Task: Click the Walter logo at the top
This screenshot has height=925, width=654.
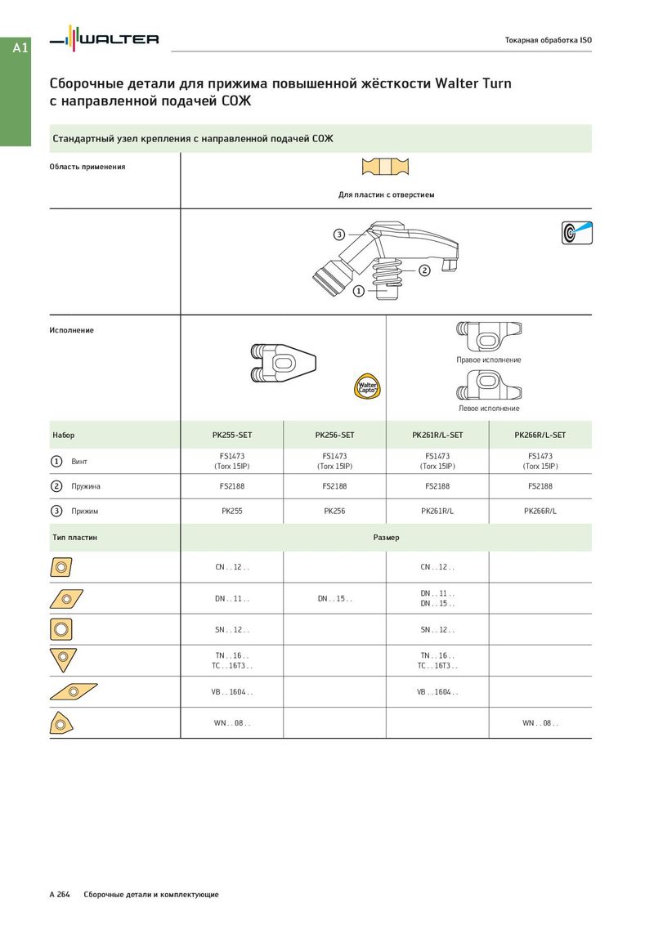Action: click(x=104, y=38)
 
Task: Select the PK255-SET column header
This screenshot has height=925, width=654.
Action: click(x=231, y=435)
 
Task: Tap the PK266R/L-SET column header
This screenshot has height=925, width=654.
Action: click(x=540, y=435)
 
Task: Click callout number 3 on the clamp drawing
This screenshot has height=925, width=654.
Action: click(x=339, y=235)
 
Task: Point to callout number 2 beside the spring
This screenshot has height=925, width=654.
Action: click(x=424, y=270)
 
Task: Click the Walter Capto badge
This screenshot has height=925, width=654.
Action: click(x=367, y=385)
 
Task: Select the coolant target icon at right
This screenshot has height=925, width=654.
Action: click(x=577, y=232)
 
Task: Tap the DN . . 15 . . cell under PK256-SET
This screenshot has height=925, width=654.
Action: click(x=334, y=599)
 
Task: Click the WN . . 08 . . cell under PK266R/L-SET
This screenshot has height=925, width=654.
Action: click(x=540, y=723)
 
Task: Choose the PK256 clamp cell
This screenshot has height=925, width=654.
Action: click(x=334, y=512)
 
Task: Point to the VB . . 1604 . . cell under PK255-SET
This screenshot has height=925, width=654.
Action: click(x=231, y=692)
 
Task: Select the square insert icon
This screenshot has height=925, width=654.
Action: click(x=61, y=629)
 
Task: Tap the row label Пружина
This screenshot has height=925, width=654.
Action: click(x=86, y=486)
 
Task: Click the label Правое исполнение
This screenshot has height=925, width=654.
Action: click(x=488, y=360)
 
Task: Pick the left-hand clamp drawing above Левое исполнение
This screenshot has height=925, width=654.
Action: click(x=488, y=384)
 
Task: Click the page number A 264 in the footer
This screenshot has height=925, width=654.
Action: click(x=59, y=895)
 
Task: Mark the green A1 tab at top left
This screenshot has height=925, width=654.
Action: click(x=20, y=48)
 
